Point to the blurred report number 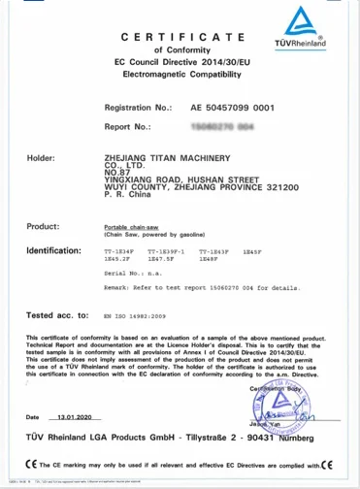coord(223,126)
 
